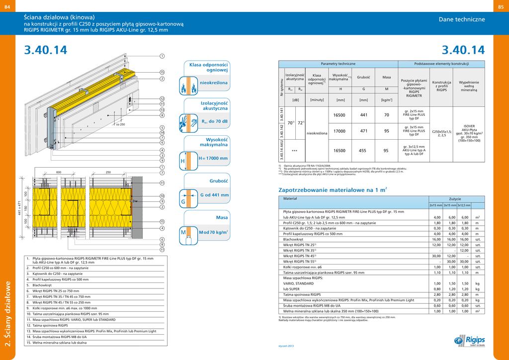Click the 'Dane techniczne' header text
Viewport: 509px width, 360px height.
pos(461,19)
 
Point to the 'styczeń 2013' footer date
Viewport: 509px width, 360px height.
pos(286,345)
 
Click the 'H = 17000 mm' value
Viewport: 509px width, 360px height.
pos(213,159)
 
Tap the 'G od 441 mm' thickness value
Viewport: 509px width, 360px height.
pos(214,195)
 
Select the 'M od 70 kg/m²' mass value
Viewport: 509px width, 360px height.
pos(213,232)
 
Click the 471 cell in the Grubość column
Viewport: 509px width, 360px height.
pos(364,131)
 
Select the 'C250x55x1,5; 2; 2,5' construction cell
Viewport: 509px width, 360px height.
pos(441,133)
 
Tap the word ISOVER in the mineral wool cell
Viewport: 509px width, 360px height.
pos(470,127)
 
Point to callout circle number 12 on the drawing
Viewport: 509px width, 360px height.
pos(162,99)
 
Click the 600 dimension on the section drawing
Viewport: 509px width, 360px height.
pos(58,173)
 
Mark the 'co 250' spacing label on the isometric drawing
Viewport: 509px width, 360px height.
pos(120,124)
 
